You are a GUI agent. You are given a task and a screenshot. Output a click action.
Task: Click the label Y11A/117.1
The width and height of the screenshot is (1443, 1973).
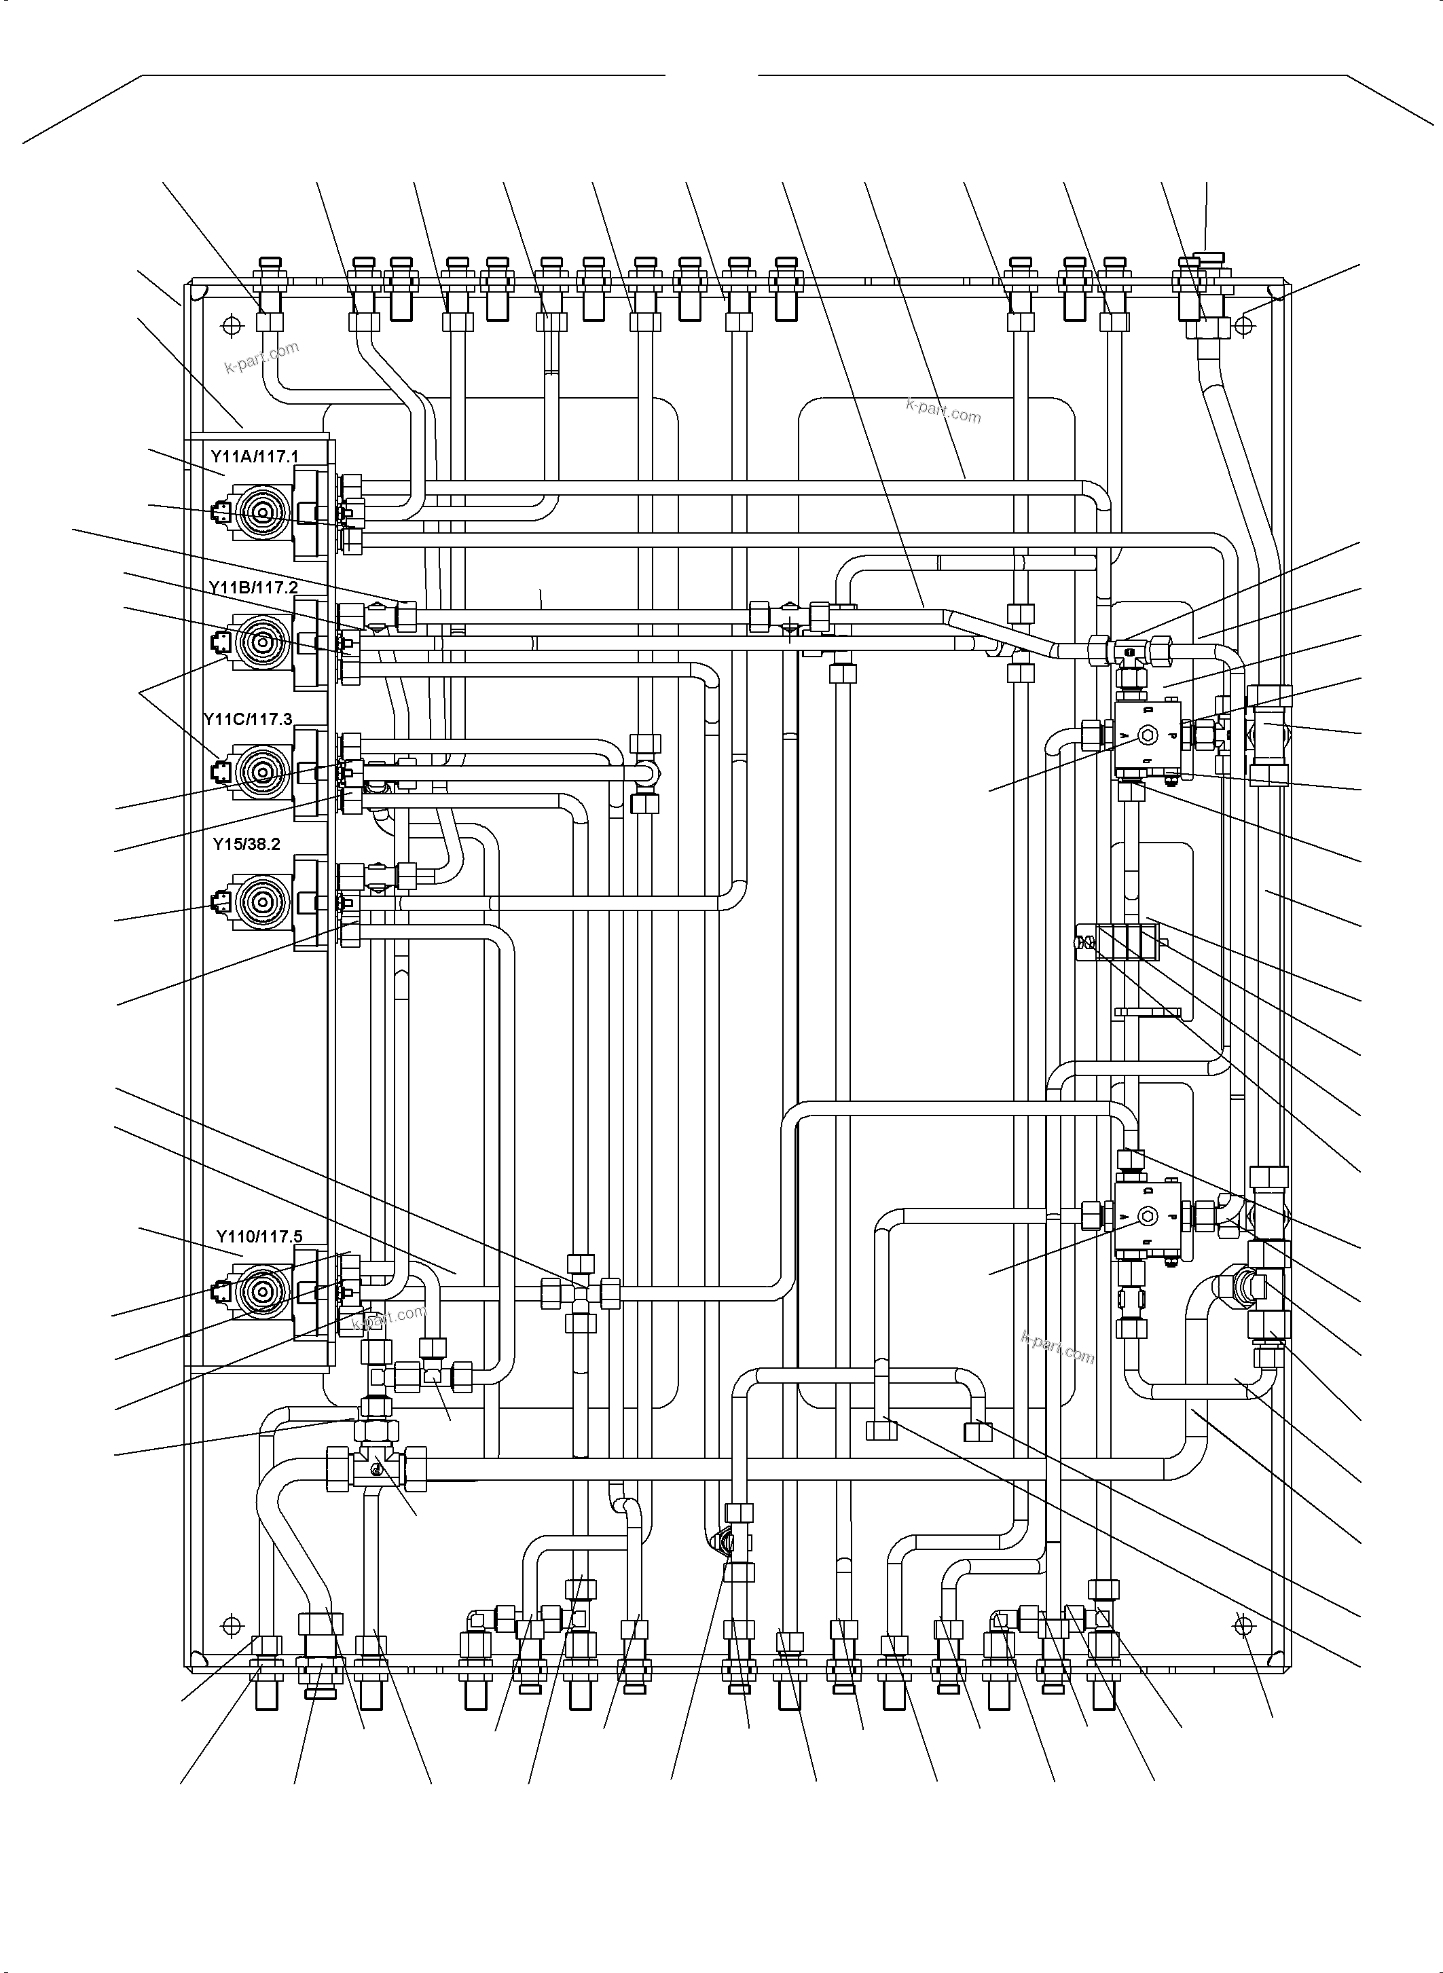tap(254, 457)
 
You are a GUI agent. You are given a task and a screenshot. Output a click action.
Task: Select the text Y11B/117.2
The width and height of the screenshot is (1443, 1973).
tap(253, 588)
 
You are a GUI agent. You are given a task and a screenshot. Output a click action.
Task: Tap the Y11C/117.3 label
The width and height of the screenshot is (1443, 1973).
tap(247, 719)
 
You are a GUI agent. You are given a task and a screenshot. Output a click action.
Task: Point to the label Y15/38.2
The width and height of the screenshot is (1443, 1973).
tap(246, 845)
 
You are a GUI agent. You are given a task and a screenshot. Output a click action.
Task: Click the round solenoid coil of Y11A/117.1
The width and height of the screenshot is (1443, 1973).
tap(260, 515)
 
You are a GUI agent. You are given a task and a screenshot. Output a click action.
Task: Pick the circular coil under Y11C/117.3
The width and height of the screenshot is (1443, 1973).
tap(260, 772)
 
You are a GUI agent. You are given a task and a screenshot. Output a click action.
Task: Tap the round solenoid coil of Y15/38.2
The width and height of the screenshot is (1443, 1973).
tap(260, 900)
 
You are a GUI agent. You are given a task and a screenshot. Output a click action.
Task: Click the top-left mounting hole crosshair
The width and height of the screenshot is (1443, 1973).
tap(232, 326)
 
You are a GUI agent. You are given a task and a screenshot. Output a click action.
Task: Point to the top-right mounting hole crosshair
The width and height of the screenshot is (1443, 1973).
tap(1245, 326)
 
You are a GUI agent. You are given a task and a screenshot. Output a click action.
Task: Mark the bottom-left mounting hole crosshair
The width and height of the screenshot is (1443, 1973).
tap(232, 1625)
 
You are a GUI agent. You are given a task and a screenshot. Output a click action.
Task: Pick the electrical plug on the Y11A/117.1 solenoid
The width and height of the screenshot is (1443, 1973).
tap(219, 515)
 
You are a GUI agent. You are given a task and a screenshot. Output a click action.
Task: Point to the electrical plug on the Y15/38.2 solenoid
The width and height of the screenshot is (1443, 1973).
tap(219, 900)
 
